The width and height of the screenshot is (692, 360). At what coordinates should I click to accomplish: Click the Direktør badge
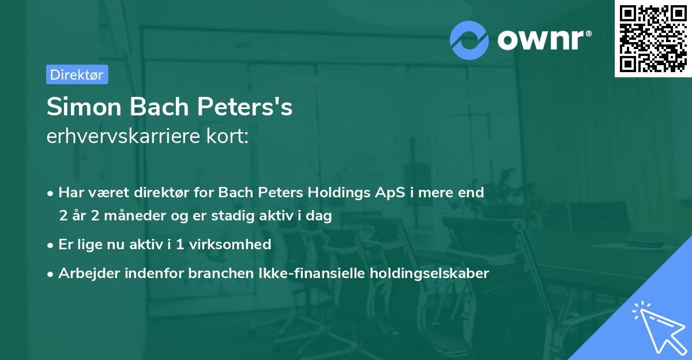tap(77, 74)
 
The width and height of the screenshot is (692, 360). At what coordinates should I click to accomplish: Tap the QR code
tap(653, 38)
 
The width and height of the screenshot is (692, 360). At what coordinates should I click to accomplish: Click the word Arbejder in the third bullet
tap(85, 273)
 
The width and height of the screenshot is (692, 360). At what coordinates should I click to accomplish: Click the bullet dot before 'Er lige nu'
tap(51, 245)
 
